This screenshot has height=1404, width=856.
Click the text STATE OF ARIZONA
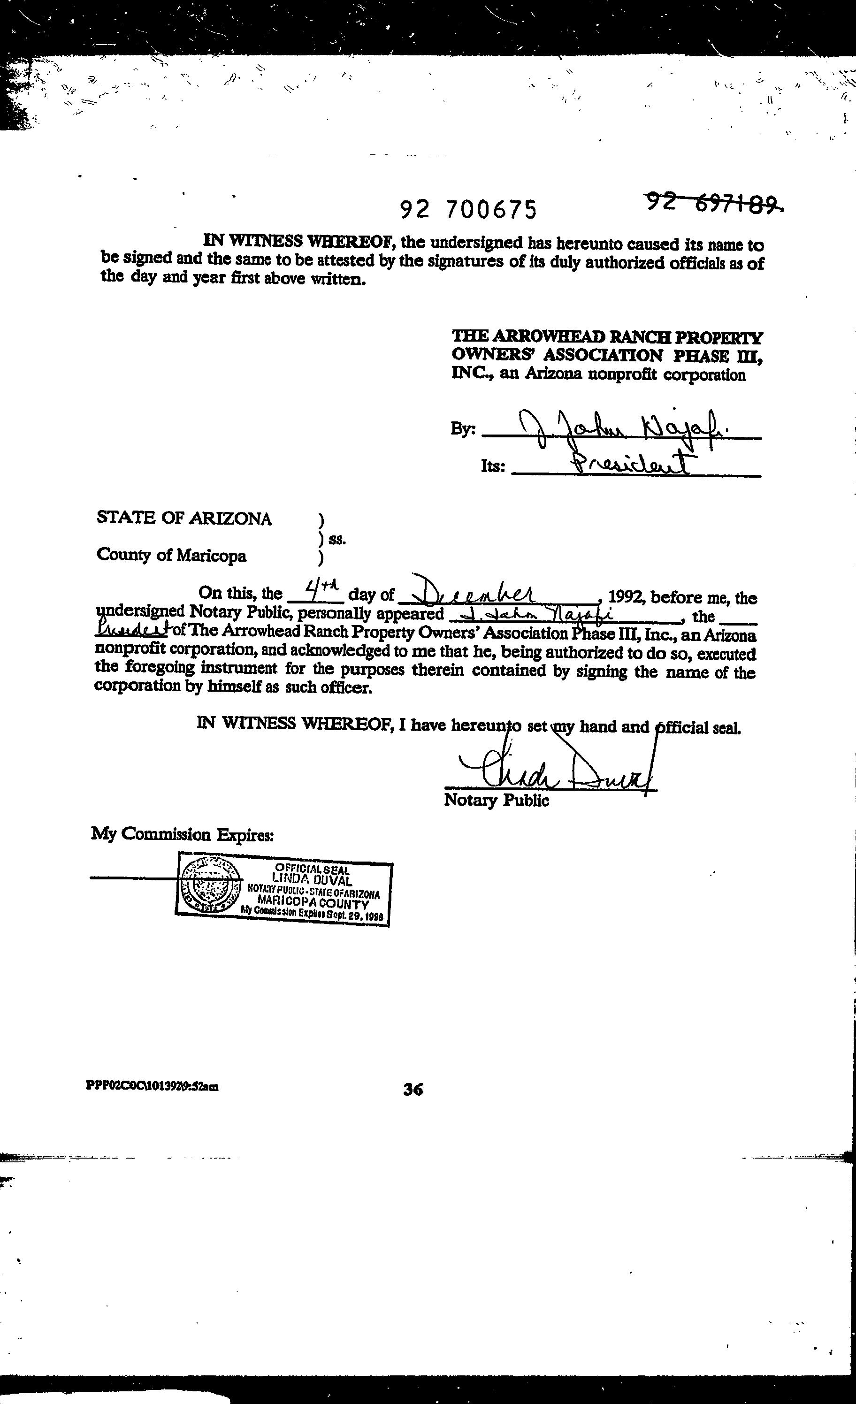(184, 518)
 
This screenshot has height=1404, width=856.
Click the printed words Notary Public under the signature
(497, 800)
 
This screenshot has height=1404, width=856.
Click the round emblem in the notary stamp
(209, 886)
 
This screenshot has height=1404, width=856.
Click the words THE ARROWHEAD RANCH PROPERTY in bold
(607, 337)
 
